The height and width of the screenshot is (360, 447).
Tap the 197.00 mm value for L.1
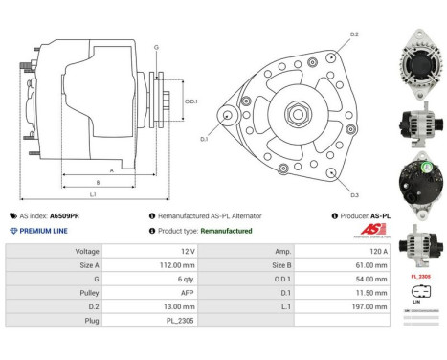369,307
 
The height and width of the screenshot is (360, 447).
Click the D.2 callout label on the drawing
354,34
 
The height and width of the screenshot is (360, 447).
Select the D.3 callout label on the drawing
354,195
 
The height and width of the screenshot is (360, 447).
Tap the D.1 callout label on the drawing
204,139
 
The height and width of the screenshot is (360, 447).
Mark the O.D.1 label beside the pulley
191,101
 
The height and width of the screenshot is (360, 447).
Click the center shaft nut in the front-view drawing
291,113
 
